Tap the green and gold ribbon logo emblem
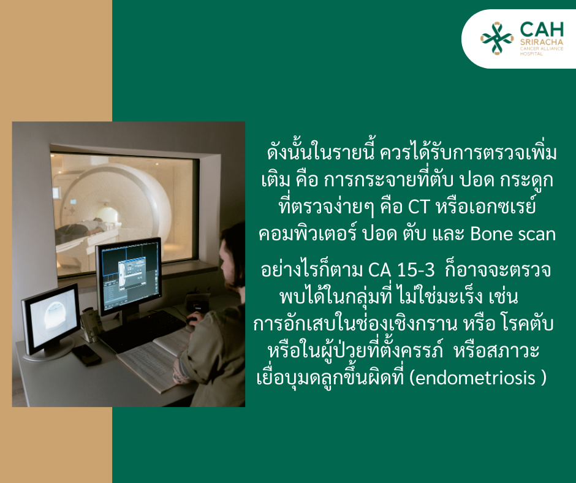pos(497,38)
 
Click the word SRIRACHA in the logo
pos(542,42)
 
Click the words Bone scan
pos(513,234)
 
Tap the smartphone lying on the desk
pos(86,355)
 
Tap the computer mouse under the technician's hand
pos(192,321)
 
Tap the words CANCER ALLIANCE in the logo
pos(542,48)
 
